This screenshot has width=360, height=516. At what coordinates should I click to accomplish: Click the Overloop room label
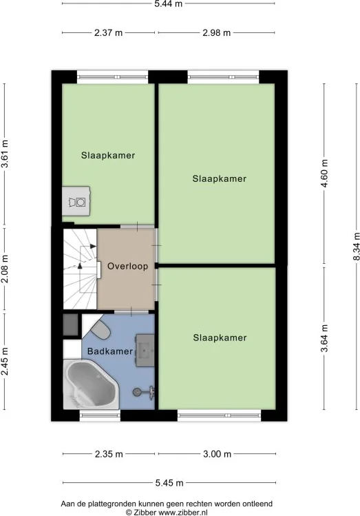[127, 266]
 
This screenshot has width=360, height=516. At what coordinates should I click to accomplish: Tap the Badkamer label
[110, 351]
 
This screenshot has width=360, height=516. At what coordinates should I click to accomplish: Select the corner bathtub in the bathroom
[90, 384]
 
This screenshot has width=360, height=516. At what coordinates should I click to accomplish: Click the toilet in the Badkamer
[100, 330]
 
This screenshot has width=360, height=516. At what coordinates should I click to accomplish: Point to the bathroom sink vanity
[145, 350]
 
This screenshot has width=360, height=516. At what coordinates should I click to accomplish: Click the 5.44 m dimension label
[169, 4]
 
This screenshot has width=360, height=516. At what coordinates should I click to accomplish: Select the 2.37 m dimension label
[108, 32]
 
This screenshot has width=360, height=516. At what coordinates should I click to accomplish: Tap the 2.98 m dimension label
[216, 32]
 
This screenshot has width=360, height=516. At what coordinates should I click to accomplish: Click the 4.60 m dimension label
[324, 173]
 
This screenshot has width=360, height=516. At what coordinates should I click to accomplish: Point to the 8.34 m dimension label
[357, 247]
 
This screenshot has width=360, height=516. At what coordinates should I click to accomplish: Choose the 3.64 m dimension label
[324, 338]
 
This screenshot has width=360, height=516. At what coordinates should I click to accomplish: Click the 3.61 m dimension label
[5, 154]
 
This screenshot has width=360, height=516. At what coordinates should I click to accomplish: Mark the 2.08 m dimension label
[5, 269]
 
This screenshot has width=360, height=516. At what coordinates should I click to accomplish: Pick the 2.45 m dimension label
[5, 361]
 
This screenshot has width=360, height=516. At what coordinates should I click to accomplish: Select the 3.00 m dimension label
[217, 454]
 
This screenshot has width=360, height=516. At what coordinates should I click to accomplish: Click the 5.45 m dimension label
[169, 483]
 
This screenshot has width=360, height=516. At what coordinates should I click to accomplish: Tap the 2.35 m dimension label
[109, 454]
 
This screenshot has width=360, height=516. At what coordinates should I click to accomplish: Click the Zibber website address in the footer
[183, 513]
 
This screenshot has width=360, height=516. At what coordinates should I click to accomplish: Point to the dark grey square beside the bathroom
[70, 324]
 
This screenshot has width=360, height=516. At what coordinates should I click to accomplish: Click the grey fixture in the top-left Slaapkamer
[76, 201]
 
